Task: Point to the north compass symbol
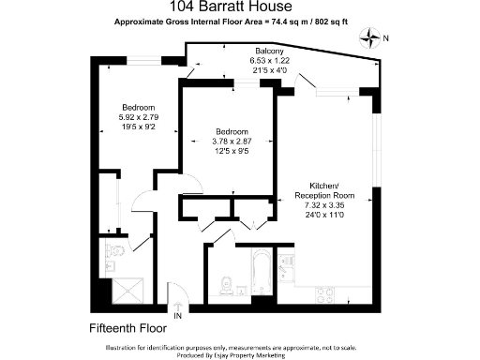[374, 39]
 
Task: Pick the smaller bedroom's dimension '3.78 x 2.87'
[231, 140]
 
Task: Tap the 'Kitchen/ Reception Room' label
[321, 189]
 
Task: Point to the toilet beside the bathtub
[225, 285]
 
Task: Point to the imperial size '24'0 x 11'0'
[321, 213]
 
